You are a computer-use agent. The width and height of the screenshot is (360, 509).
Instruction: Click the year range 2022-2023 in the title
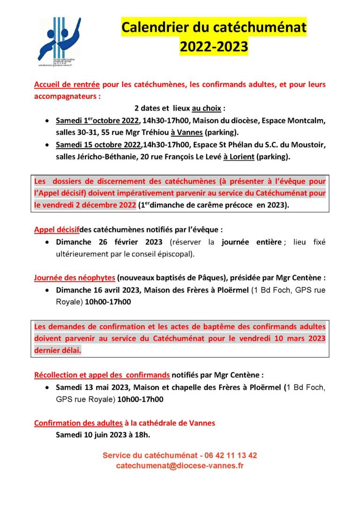tap(213, 46)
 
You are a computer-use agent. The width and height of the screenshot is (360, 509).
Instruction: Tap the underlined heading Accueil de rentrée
tap(67, 85)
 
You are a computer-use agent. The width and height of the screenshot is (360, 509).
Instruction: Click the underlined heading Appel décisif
tap(56, 230)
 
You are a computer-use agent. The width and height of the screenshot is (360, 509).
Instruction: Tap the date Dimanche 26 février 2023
tap(109, 242)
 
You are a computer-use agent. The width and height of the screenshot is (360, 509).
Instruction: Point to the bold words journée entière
tap(253, 242)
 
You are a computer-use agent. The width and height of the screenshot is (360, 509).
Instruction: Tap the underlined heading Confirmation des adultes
tap(78, 423)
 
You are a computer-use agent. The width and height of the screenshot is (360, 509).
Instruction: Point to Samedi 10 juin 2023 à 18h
tap(103, 435)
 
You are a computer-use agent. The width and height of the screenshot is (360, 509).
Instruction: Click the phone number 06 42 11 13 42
tap(230, 455)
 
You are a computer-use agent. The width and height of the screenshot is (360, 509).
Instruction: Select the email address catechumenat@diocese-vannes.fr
tap(180, 465)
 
